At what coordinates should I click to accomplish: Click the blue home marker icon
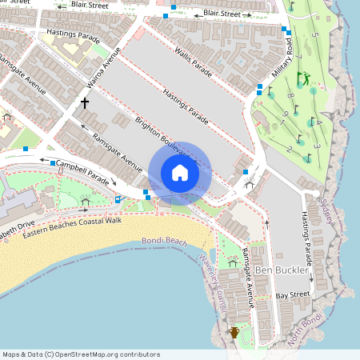click(x=179, y=173)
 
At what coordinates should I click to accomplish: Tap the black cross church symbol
click(x=84, y=102)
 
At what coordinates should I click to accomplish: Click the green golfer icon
click(x=302, y=78)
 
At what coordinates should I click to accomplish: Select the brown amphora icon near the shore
click(x=234, y=332)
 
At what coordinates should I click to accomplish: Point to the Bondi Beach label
click(x=164, y=241)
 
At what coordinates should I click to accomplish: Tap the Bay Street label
click(x=292, y=295)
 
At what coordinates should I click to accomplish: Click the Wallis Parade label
click(x=194, y=62)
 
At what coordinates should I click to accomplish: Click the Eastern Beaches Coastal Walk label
click(x=72, y=228)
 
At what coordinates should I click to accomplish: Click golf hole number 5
click(x=315, y=36)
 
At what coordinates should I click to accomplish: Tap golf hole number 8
click(x=290, y=97)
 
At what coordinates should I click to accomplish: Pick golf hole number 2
click(x=288, y=149)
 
